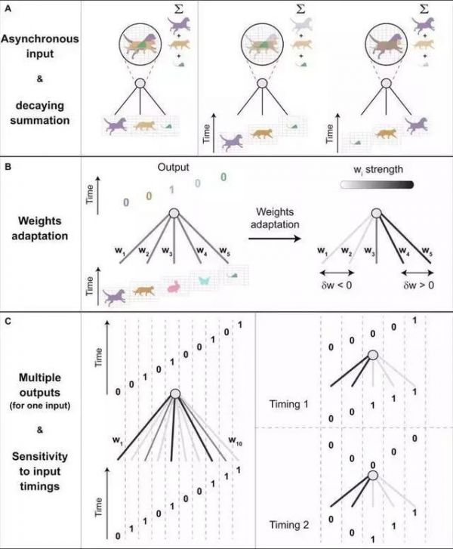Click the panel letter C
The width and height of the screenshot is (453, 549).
[9, 319]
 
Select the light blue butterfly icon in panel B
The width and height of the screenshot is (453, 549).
[205, 280]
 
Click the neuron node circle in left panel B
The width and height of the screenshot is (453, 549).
[174, 214]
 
